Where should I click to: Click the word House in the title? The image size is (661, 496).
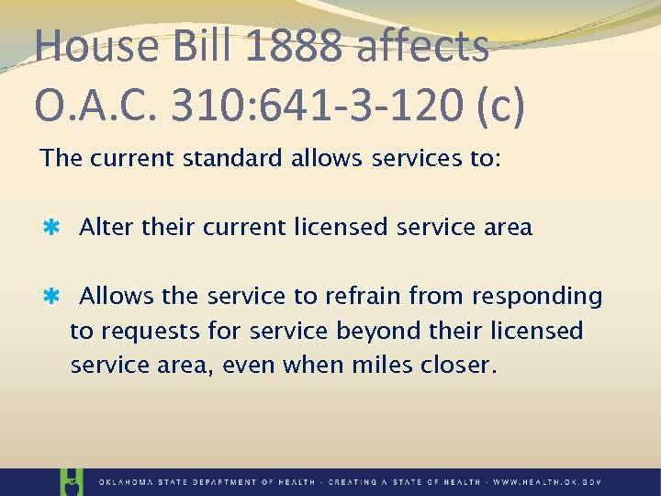(x=82, y=46)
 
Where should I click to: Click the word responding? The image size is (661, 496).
(x=537, y=297)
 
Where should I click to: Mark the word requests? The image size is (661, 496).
(x=148, y=331)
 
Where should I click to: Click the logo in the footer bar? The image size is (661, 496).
(x=70, y=480)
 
